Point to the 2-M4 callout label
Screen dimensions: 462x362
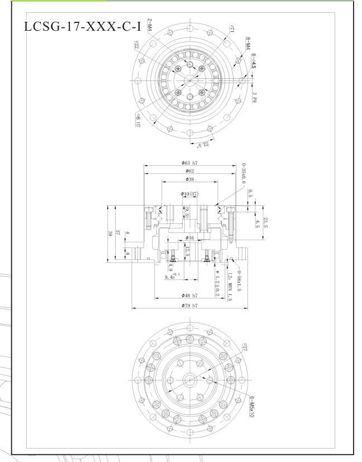click(150, 25)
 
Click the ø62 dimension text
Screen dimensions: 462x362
click(189, 170)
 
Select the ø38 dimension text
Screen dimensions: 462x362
click(189, 179)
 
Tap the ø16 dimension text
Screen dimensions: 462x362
click(190, 238)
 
